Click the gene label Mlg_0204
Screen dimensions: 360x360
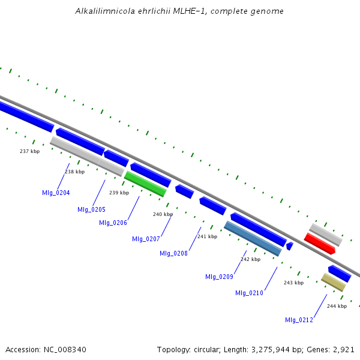[x=55, y=193]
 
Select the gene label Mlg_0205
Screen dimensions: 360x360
[x=91, y=209]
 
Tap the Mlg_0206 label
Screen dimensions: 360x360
[x=113, y=223]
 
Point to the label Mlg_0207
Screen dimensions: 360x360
[x=146, y=239]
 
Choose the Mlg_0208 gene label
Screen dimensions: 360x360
[x=173, y=253]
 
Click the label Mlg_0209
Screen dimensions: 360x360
[x=219, y=277]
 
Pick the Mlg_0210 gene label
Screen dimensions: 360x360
[x=249, y=293]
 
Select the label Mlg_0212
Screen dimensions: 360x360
[x=299, y=320]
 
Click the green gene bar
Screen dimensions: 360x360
[x=145, y=184]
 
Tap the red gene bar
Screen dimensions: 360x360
[x=319, y=243]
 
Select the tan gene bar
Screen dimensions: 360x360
[x=333, y=282]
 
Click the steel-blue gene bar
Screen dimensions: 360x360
[x=253, y=238]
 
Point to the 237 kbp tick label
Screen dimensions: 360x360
[x=29, y=151]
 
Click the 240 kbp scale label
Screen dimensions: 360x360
[x=163, y=214]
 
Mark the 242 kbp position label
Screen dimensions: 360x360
[x=250, y=259]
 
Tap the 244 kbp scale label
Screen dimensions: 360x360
[x=337, y=306]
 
